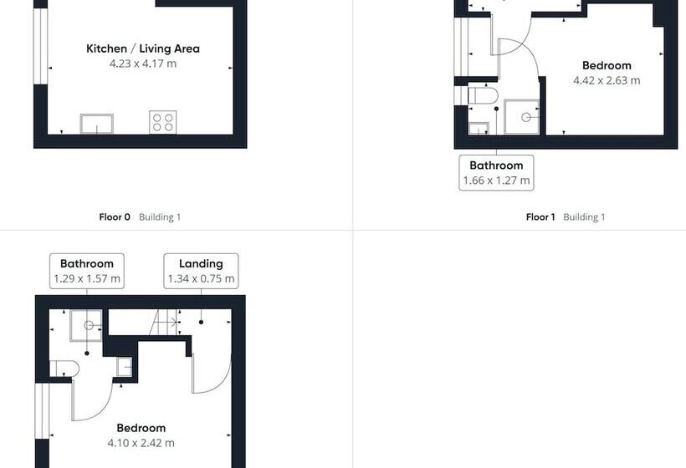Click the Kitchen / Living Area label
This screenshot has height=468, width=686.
[142, 48]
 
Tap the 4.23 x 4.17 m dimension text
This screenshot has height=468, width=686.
[142, 64]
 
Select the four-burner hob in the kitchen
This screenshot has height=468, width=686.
[163, 122]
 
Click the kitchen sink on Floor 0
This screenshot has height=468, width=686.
[97, 124]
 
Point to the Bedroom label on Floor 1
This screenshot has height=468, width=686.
[607, 65]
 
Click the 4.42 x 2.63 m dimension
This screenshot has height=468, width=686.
[607, 80]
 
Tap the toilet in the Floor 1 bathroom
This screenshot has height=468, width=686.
[483, 95]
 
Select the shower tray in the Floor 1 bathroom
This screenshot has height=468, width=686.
[521, 117]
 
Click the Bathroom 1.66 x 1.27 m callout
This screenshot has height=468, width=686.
[496, 173]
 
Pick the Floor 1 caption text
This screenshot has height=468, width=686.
[540, 216]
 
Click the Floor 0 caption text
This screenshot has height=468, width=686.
[115, 216]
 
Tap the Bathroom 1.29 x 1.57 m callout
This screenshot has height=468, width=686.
[87, 271]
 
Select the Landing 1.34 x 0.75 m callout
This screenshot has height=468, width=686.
[201, 271]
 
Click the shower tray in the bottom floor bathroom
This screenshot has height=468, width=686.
[86, 326]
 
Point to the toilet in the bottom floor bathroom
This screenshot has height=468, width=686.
[64, 369]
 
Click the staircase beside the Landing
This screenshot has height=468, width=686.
[165, 323]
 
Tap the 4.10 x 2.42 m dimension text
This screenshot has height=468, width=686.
[141, 443]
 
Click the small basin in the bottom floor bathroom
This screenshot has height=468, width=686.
[124, 367]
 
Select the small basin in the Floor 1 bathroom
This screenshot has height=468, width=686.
[479, 129]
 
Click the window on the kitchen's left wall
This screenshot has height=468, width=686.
[40, 46]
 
